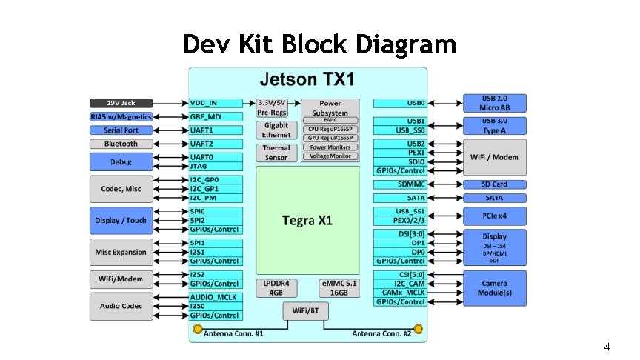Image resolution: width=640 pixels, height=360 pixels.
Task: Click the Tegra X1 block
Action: tap(307, 221)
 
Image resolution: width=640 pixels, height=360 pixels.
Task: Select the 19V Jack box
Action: tap(121, 102)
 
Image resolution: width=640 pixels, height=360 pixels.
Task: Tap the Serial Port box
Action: tap(121, 130)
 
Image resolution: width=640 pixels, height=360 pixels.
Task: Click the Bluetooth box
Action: tap(121, 144)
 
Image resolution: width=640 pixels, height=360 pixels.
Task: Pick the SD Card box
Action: tap(494, 184)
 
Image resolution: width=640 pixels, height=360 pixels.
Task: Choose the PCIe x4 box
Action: tap(494, 216)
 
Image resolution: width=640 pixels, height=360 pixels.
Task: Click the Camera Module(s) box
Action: tap(494, 288)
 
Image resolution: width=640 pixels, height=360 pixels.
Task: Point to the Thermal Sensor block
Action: tap(276, 153)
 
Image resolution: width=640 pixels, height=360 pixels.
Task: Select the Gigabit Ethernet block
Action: tap(276, 130)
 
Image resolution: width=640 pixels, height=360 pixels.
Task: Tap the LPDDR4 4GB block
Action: tap(276, 288)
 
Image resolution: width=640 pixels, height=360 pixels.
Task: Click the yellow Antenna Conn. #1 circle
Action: tap(197, 328)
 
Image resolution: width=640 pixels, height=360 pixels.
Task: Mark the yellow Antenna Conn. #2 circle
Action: tap(418, 328)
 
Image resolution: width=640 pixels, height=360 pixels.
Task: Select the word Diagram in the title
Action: tap(406, 45)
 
